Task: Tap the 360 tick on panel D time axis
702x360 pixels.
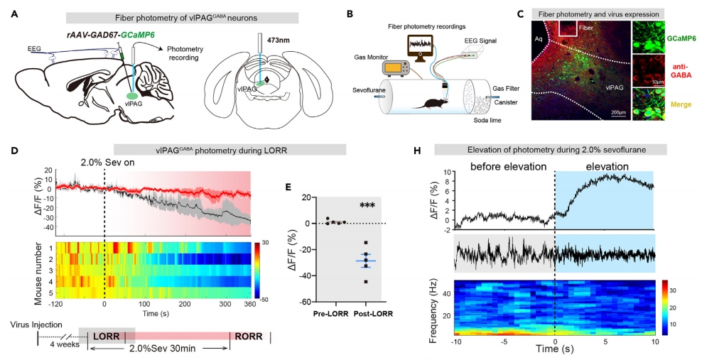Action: (x=250, y=305)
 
